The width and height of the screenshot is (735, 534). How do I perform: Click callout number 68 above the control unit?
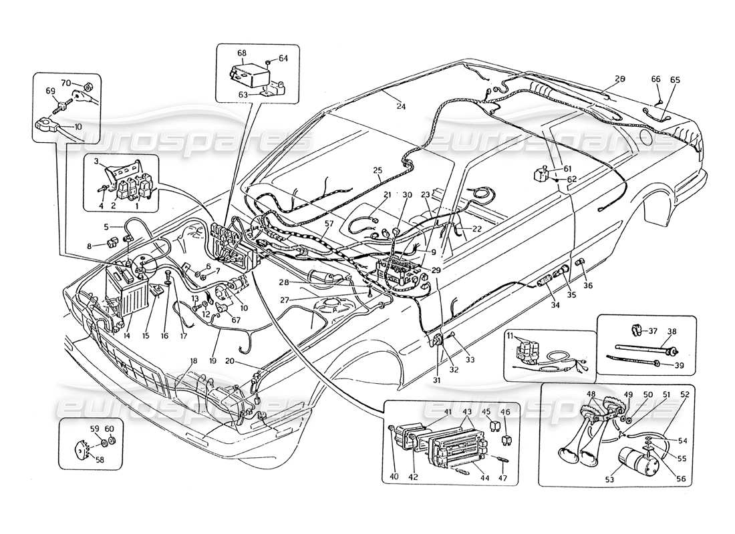tap(241, 52)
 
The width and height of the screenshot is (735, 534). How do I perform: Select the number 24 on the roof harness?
tap(400, 105)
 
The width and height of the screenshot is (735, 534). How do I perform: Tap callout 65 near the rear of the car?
tap(675, 79)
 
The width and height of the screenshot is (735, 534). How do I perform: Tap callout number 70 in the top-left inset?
tap(66, 83)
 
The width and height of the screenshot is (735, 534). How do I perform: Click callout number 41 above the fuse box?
tap(428, 411)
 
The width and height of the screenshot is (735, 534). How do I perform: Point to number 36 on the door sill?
tap(587, 286)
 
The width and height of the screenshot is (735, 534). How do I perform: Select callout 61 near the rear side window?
tap(567, 170)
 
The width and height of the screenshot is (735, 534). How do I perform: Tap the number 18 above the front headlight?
tap(194, 360)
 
